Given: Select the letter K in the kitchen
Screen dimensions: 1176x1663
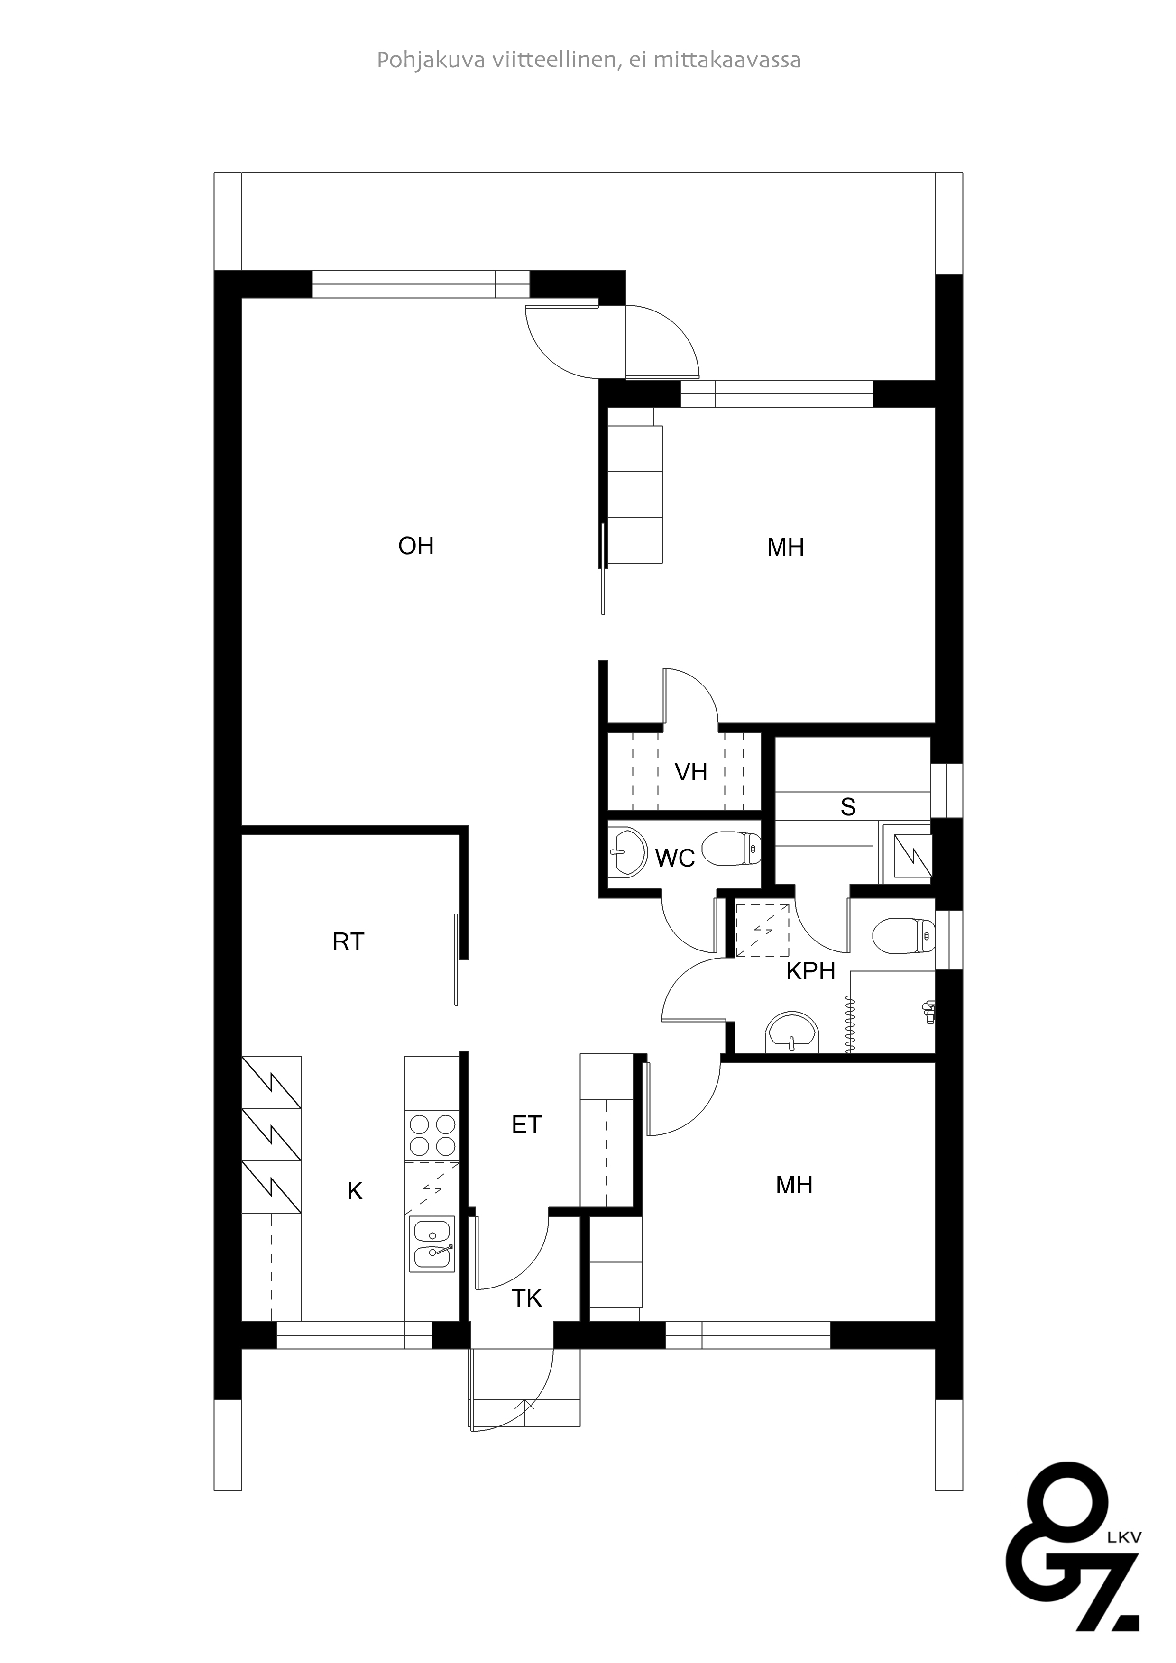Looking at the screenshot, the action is [x=354, y=1191].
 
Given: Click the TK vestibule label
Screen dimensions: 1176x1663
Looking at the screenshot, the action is [x=527, y=1298].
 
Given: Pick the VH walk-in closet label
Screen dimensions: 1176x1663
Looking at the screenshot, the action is [x=690, y=772].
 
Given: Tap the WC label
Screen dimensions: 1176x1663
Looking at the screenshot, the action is [x=675, y=859].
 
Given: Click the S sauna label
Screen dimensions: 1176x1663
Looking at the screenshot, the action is [x=848, y=807].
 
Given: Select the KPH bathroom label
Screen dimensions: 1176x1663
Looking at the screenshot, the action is [x=811, y=971].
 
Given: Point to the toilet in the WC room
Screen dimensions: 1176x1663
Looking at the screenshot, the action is [x=732, y=848].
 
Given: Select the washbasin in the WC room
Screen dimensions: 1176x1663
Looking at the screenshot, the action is [x=627, y=852].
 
